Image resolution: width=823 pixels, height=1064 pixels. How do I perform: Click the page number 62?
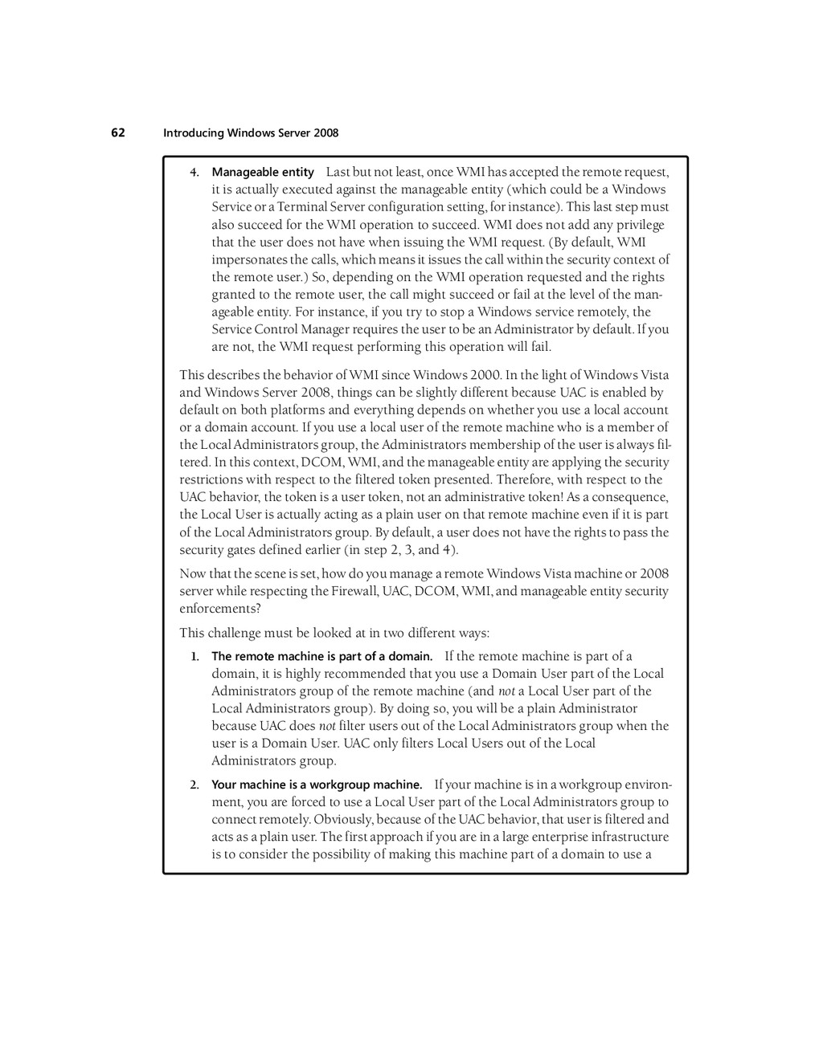pyautogui.click(x=118, y=132)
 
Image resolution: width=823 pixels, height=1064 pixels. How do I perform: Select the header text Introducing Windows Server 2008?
pyautogui.click(x=251, y=133)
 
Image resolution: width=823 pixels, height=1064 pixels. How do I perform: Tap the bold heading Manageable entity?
pyautogui.click(x=263, y=173)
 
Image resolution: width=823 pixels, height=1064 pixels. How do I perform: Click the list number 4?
pyautogui.click(x=194, y=173)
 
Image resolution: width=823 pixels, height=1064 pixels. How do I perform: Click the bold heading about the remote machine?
pyautogui.click(x=321, y=657)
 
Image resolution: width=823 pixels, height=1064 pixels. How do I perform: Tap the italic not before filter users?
pyautogui.click(x=327, y=726)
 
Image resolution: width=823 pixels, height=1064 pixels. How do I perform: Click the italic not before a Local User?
pyautogui.click(x=506, y=691)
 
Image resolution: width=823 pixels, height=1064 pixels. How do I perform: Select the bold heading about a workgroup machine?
pyautogui.click(x=317, y=785)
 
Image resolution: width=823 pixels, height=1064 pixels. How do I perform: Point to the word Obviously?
pyautogui.click(x=346, y=820)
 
